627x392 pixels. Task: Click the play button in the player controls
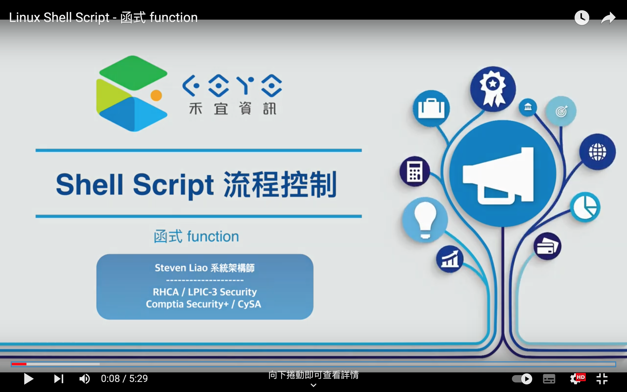(x=29, y=379)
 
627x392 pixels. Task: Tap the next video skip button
(x=59, y=379)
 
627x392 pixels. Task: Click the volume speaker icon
(x=84, y=379)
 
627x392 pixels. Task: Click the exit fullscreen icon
(x=602, y=379)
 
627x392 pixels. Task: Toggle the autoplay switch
(x=522, y=379)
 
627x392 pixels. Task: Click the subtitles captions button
(x=549, y=379)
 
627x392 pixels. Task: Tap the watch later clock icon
(x=582, y=18)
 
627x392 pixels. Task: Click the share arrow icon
(x=608, y=18)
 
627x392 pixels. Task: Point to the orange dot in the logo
(x=156, y=95)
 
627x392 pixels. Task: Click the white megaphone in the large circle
(x=498, y=176)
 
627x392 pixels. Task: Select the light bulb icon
(x=425, y=220)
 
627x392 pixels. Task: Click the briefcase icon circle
(x=431, y=108)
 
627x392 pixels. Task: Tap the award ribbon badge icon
(x=493, y=89)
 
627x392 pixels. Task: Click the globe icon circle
(x=597, y=152)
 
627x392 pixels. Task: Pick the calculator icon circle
(x=415, y=171)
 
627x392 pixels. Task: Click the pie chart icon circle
(x=585, y=207)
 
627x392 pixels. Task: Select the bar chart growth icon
(x=450, y=259)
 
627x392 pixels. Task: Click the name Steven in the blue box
(x=170, y=268)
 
